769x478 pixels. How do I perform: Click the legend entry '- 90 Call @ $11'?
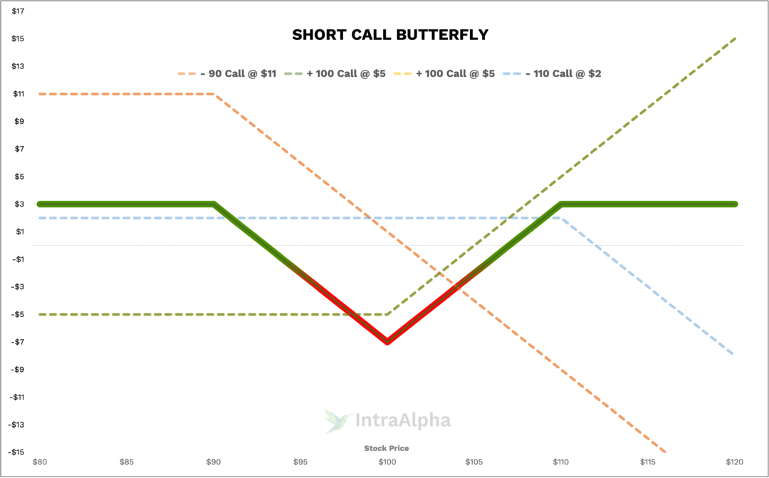tap(238, 73)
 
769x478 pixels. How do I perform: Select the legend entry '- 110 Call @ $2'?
tap(565, 73)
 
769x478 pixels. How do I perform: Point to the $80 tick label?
tap(40, 462)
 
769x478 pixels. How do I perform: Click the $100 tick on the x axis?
tap(387, 462)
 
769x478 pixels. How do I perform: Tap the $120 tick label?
tap(735, 462)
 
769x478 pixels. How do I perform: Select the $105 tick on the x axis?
tap(474, 462)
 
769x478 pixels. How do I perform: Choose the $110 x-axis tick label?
tap(561, 462)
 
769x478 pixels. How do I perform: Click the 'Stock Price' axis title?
tap(387, 448)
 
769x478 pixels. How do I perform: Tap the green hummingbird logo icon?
tap(337, 420)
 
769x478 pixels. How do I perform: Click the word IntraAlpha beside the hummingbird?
tap(403, 421)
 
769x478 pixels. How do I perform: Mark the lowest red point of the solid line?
tap(387, 342)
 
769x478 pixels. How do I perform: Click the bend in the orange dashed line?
tap(214, 94)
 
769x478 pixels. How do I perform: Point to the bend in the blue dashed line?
tap(561, 218)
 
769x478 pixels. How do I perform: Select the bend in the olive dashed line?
tap(387, 313)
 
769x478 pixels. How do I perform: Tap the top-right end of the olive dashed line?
tap(735, 38)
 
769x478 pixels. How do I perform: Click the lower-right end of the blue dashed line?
tap(733, 353)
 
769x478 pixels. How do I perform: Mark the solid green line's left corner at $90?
tap(214, 204)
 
